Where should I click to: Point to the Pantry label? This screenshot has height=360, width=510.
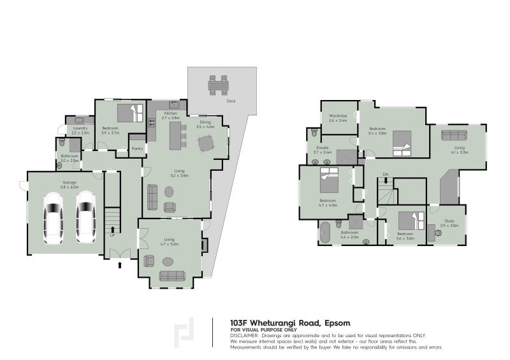136,148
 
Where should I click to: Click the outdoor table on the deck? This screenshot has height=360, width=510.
218,84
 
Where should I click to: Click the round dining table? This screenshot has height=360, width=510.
204,145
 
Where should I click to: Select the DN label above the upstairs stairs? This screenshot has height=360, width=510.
385,174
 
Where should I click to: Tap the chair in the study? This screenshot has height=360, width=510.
439,233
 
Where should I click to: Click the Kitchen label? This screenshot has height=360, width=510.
171,113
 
